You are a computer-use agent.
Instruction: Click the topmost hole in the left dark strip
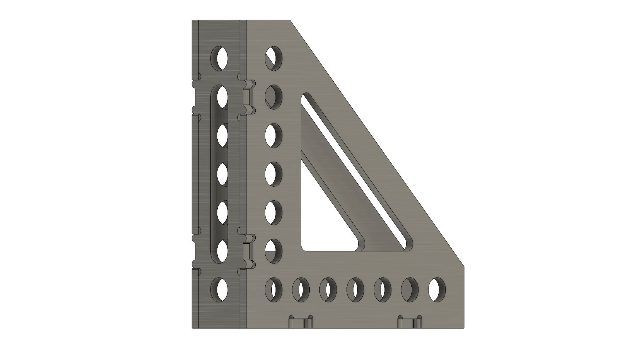click(220, 58)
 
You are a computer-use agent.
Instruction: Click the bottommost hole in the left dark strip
click(220, 289)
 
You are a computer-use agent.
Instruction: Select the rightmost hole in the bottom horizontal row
click(437, 290)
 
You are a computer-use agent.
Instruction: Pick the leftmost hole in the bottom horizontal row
click(273, 290)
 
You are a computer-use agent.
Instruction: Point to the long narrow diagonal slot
click(356, 169)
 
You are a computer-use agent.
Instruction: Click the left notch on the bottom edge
click(301, 322)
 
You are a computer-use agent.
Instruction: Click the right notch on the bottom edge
click(410, 322)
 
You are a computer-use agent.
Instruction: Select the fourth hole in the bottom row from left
click(355, 290)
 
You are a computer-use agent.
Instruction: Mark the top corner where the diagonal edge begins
click(290, 20)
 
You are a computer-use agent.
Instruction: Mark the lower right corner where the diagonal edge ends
click(464, 267)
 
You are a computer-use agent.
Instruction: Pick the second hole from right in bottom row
click(410, 290)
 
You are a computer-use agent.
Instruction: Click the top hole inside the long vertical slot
click(222, 97)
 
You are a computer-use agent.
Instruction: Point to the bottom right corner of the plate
click(464, 328)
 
